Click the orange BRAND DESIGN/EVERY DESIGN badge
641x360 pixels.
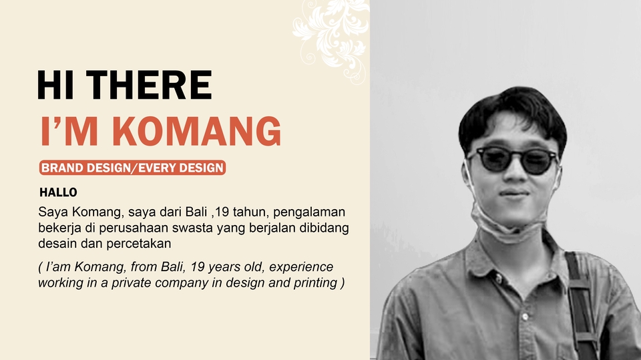pyautogui.click(x=132, y=168)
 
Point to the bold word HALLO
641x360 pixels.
pyautogui.click(x=58, y=192)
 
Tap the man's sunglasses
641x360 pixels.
pyautogui.click(x=512, y=160)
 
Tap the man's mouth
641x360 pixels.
pyautogui.click(x=513, y=194)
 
